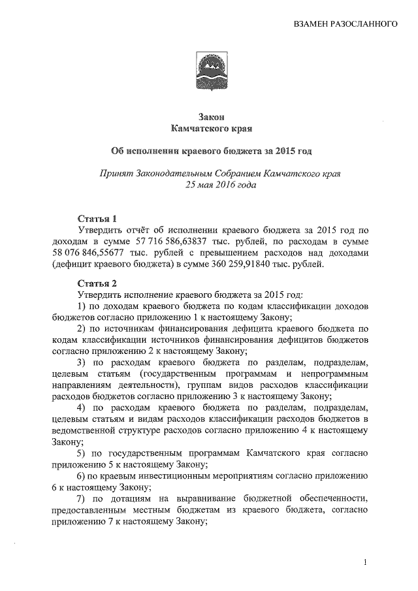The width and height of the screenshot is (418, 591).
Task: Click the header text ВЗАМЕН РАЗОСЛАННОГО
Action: (346, 24)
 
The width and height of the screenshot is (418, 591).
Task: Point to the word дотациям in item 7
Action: (133, 498)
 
